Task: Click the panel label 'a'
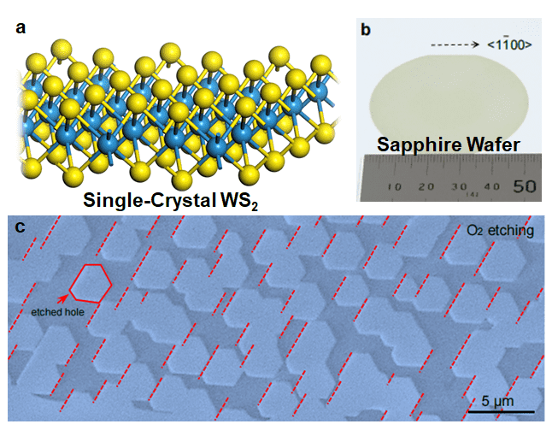coord(21,28)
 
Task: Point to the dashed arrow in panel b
coord(452,42)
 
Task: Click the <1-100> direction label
coord(509,42)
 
